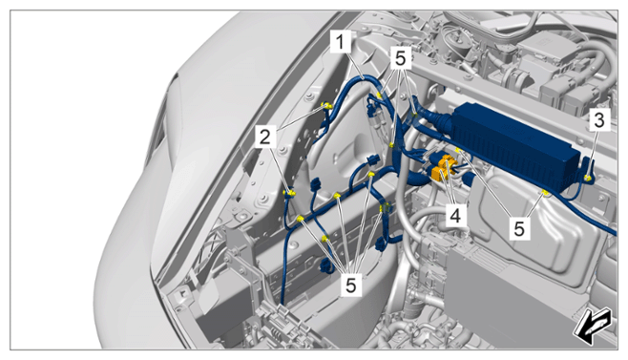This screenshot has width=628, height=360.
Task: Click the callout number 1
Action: click(341, 42)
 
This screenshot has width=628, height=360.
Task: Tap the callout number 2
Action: click(265, 138)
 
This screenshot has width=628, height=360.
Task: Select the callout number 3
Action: click(599, 120)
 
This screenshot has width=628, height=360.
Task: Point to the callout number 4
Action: click(455, 216)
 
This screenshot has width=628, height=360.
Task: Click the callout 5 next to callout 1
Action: click(400, 59)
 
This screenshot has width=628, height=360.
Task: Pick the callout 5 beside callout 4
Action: click(519, 229)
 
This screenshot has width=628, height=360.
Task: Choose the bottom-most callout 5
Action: click(350, 286)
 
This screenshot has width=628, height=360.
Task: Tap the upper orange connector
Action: click(446, 163)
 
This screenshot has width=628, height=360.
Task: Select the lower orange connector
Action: click(437, 174)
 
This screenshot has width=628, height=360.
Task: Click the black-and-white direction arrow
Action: click(592, 325)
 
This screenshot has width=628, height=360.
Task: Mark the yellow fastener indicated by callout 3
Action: click(588, 179)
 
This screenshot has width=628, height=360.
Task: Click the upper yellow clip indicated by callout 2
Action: click(328, 106)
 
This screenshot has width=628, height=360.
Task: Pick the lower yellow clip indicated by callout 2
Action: click(289, 193)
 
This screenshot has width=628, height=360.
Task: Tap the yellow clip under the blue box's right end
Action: click(545, 193)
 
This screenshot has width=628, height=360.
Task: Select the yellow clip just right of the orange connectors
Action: click(459, 151)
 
